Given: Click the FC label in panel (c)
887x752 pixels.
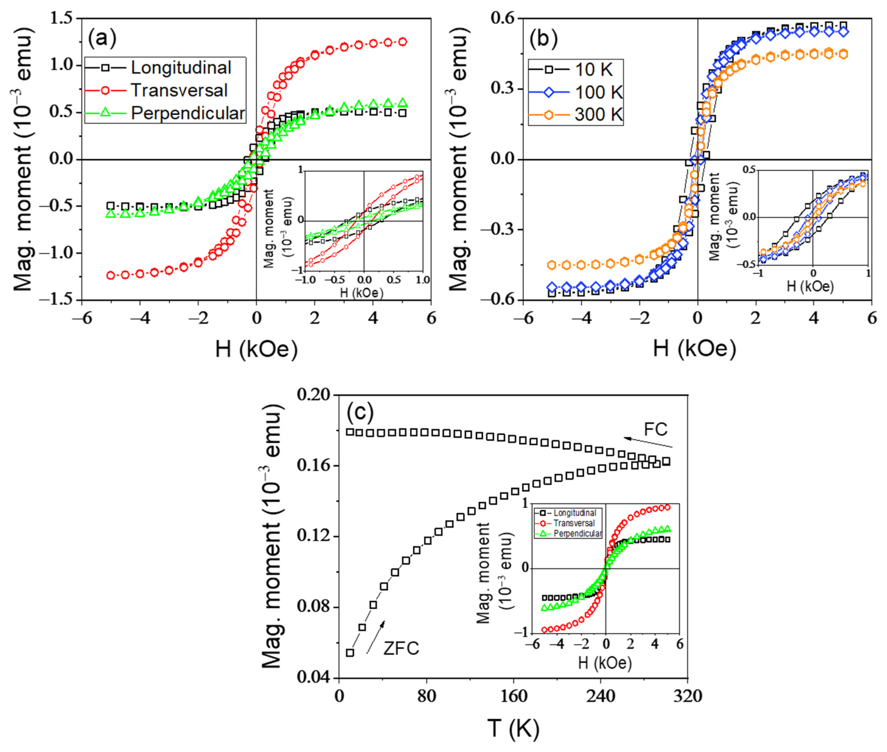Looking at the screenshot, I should [655, 429].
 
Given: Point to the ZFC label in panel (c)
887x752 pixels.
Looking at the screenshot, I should [401, 648].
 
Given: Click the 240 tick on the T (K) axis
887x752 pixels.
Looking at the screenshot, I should [600, 697].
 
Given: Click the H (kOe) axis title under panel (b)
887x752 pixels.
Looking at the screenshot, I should [694, 349].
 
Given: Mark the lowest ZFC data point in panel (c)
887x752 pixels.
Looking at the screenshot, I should [350, 653].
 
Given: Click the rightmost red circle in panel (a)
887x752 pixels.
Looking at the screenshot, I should [402, 42].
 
